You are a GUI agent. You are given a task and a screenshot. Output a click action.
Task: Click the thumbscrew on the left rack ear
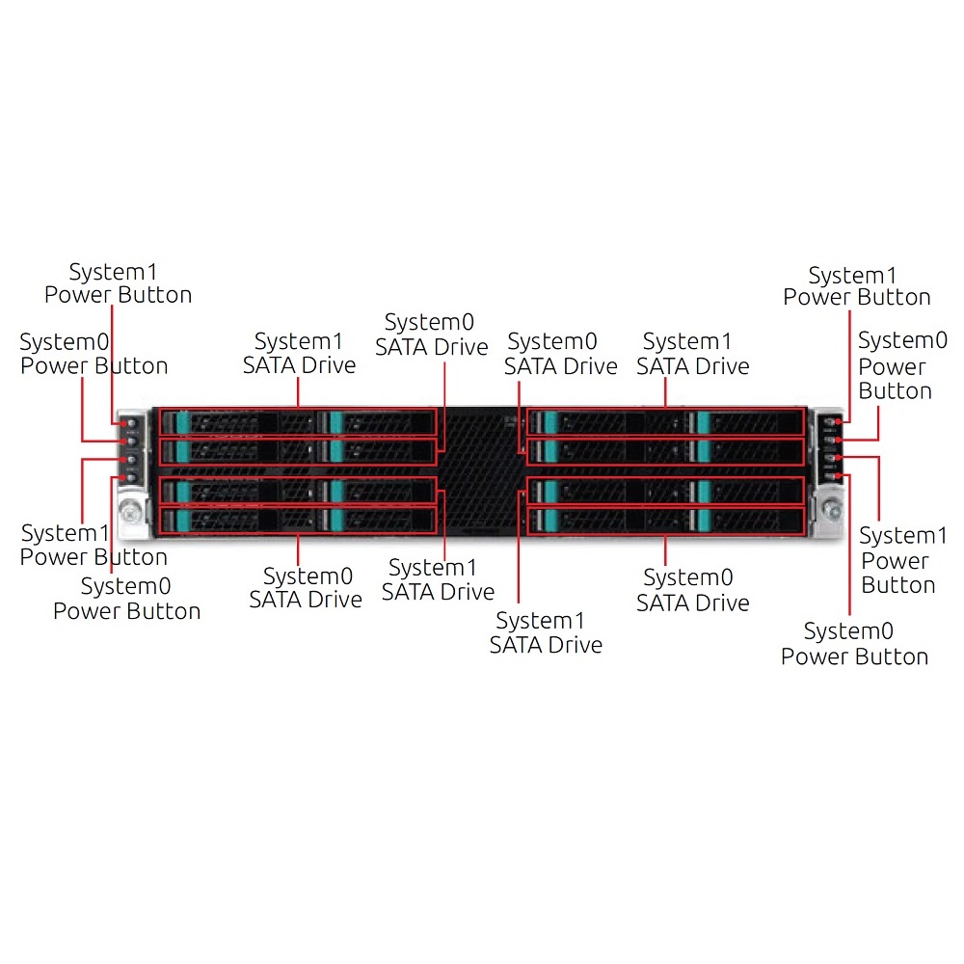(x=130, y=511)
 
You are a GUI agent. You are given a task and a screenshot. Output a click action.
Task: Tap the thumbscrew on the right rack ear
(x=832, y=509)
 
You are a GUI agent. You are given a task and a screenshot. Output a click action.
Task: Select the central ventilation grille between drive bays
(x=481, y=471)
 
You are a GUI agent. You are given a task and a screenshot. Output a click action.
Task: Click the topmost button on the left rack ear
(x=131, y=423)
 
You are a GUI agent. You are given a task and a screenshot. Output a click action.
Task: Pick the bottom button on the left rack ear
(x=131, y=477)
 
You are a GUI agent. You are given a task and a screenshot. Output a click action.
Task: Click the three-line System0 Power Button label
(x=902, y=365)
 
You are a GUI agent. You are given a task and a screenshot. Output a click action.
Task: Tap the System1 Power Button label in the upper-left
(x=118, y=283)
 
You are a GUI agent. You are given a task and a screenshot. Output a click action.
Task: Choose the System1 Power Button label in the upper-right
(x=856, y=286)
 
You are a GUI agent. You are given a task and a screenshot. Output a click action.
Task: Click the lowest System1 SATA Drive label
(x=546, y=632)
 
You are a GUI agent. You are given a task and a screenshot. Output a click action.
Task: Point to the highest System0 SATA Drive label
(x=432, y=335)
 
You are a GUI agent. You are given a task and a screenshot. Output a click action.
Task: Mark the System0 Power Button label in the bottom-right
(x=854, y=644)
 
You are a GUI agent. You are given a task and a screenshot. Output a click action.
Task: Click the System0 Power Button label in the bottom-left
(x=126, y=599)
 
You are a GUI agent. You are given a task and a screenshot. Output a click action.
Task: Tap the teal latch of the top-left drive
(x=182, y=423)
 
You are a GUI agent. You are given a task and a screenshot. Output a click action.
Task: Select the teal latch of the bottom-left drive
(x=182, y=521)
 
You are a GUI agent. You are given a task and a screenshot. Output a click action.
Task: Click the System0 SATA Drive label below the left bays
(x=306, y=588)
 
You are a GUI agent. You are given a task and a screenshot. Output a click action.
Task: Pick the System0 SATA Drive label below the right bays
(x=693, y=590)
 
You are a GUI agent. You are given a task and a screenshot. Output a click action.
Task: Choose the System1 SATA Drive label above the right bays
(x=693, y=354)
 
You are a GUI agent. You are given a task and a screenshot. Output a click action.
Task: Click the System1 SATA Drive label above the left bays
(x=300, y=353)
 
